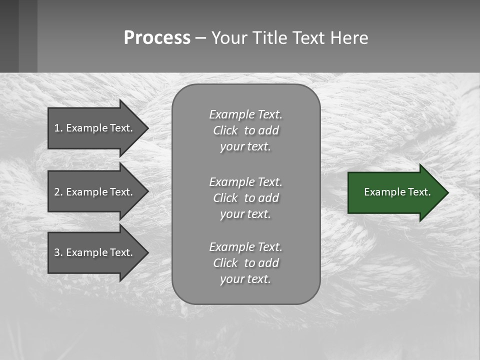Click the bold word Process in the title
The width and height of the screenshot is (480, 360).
click(x=157, y=38)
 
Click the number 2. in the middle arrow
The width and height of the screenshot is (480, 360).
click(x=58, y=192)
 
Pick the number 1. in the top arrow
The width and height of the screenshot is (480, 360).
click(x=58, y=128)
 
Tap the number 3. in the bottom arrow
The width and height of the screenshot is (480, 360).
click(x=58, y=252)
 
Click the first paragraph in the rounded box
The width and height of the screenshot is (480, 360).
click(x=245, y=130)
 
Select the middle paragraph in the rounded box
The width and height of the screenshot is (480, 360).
click(x=245, y=198)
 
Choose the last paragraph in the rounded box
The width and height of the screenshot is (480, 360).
click(x=245, y=263)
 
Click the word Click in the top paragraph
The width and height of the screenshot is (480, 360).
click(x=225, y=130)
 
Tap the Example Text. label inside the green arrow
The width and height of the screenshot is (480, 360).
click(x=397, y=192)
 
